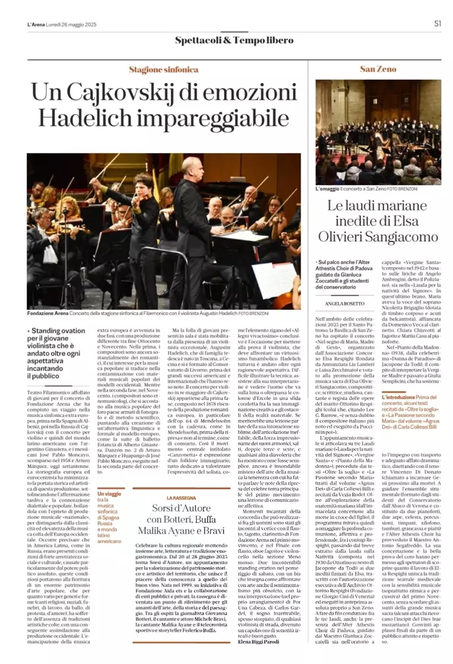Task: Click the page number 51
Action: (437, 24)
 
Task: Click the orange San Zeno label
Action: (377, 68)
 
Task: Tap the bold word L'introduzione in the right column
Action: (400, 379)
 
